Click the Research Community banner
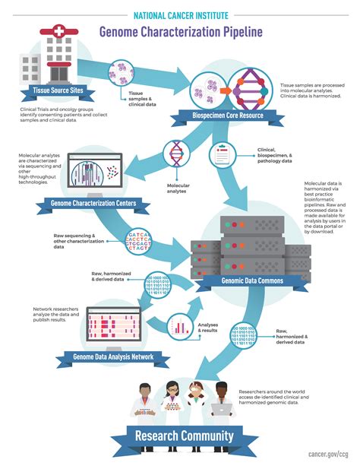[183, 436]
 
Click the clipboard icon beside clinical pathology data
[221, 157]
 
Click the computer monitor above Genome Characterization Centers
[93, 173]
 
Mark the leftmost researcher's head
[141, 389]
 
